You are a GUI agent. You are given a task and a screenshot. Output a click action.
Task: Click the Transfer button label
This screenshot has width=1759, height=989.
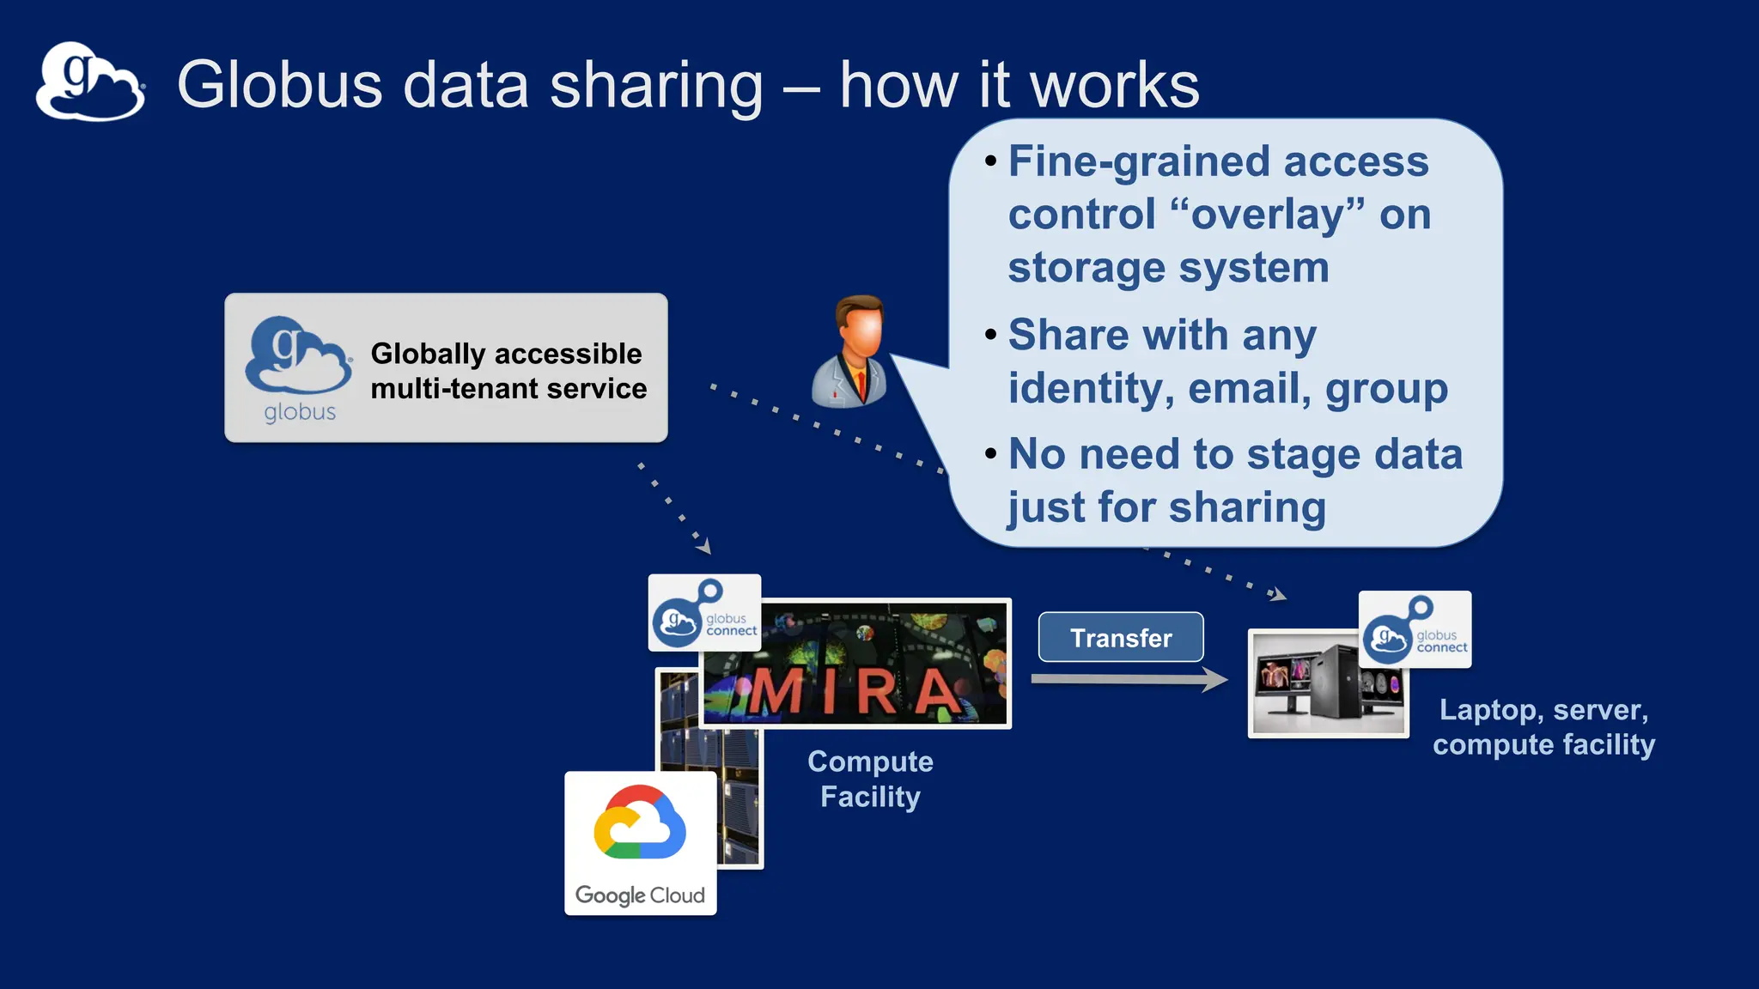click(x=1121, y=638)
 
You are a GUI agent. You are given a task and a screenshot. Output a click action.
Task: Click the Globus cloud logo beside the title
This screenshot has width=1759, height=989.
click(x=90, y=82)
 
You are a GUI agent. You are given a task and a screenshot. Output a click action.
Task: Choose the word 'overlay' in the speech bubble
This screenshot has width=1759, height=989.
click(x=1268, y=215)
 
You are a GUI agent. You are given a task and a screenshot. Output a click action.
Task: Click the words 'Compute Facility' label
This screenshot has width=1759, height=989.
click(x=870, y=779)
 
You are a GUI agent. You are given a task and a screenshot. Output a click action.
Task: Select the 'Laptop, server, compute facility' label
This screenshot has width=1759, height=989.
click(x=1543, y=727)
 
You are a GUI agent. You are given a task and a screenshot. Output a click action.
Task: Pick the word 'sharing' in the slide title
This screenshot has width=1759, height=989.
click(x=656, y=86)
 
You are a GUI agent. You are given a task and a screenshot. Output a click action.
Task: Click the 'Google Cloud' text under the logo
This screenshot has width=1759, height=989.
click(x=640, y=895)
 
